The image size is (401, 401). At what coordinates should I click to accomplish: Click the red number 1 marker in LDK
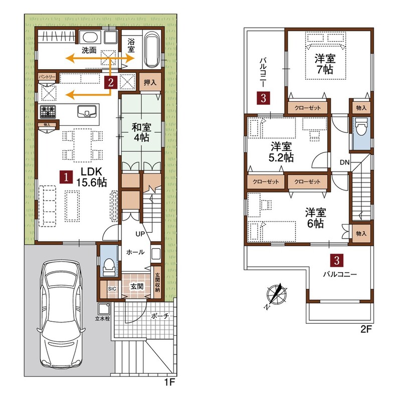click(66, 177)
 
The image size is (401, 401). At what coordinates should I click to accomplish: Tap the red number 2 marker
click(111, 82)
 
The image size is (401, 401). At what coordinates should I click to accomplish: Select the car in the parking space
click(61, 314)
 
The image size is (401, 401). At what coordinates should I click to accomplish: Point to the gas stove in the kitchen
click(48, 112)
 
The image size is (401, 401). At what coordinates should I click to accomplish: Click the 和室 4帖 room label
click(141, 132)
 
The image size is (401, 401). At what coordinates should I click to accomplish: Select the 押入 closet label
click(150, 82)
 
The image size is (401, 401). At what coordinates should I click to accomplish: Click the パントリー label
click(47, 77)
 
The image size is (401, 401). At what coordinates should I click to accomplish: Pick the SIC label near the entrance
click(112, 289)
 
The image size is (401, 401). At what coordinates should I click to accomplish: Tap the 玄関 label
click(137, 286)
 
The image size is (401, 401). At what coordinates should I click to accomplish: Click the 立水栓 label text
click(102, 319)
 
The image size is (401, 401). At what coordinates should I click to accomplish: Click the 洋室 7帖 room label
click(325, 64)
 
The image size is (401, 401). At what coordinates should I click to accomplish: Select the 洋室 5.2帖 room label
click(281, 152)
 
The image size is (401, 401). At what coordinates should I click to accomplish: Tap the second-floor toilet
click(361, 128)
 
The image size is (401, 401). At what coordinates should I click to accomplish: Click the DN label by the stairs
click(344, 162)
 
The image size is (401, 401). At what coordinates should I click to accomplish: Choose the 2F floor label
click(366, 329)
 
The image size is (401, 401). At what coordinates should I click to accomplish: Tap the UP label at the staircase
click(140, 234)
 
